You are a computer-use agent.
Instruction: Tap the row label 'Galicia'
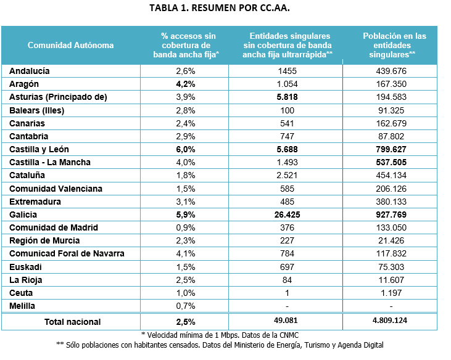click(23, 215)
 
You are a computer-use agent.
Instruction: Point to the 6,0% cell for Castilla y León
click(186, 149)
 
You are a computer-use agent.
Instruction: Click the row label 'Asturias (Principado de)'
click(58, 97)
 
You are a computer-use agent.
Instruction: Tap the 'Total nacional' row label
click(72, 321)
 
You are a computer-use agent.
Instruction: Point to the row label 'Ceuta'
click(21, 293)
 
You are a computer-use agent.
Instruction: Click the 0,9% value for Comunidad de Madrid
click(186, 227)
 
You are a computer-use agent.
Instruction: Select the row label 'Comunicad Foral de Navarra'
click(67, 253)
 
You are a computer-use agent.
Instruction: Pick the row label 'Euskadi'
click(25, 267)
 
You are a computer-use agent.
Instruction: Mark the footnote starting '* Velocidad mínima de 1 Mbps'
click(225, 334)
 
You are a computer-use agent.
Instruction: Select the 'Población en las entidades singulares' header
click(395, 45)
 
